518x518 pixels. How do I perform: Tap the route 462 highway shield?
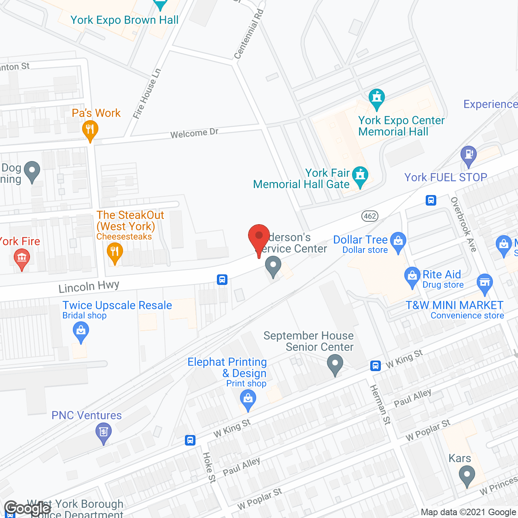[370, 216]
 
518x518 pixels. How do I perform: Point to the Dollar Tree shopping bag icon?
[398, 242]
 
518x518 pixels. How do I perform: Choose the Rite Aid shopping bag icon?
[412, 277]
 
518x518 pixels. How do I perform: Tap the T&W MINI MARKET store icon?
[484, 283]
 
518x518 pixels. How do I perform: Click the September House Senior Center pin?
[335, 364]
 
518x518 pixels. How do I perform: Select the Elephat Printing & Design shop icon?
[248, 400]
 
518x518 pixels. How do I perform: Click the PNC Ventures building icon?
[103, 432]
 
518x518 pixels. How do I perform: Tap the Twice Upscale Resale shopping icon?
[81, 332]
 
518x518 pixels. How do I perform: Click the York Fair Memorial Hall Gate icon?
[360, 176]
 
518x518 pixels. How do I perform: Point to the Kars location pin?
[467, 475]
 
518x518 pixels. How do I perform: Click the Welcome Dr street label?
[194, 133]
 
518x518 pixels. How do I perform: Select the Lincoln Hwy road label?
[89, 287]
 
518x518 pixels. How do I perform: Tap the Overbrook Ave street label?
[464, 224]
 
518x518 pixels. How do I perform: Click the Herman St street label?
[380, 404]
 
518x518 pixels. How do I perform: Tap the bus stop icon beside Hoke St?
[190, 440]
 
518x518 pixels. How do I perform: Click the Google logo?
[28, 508]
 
